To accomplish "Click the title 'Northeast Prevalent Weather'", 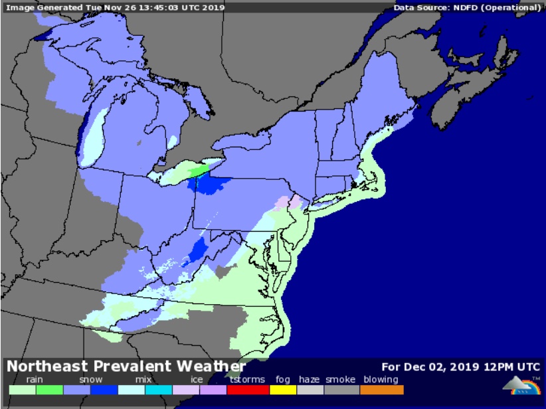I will point(126,367).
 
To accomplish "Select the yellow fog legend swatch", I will point(282,390).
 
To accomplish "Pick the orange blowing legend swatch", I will point(383,390).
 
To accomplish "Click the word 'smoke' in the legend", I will point(340,380).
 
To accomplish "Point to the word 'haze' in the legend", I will point(309,380).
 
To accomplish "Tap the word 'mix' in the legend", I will point(143,380).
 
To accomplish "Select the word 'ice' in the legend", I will point(197,380).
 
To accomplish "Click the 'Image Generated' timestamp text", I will point(115,8).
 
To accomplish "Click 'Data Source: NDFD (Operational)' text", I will point(468,8).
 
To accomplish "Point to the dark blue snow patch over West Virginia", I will point(197,250).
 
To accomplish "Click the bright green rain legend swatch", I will point(49,390).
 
